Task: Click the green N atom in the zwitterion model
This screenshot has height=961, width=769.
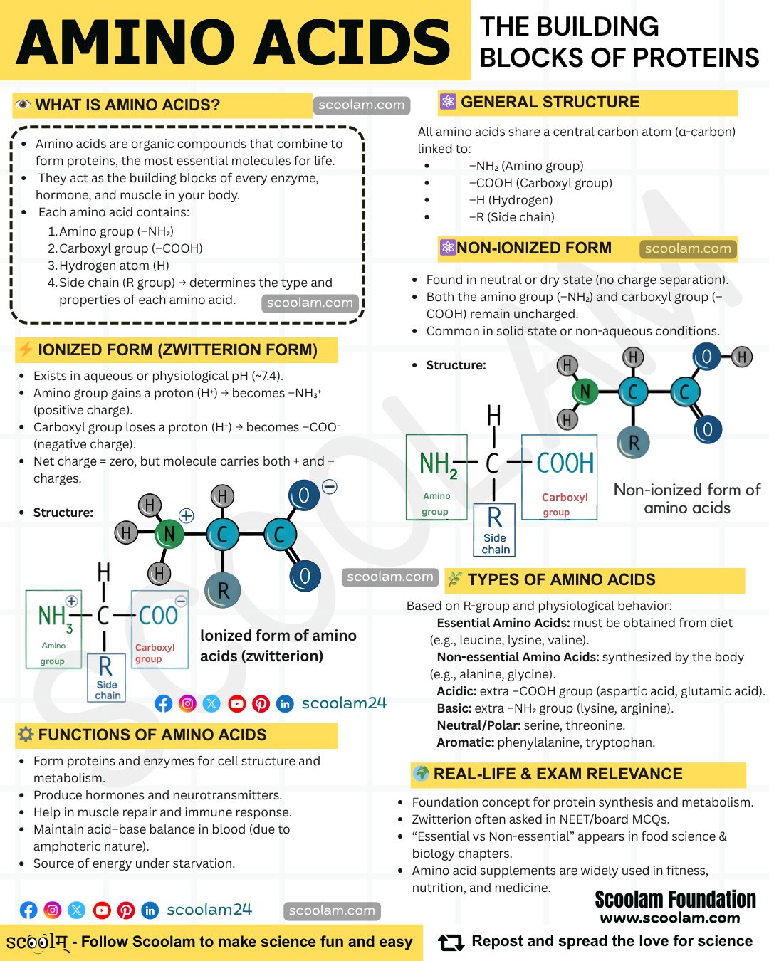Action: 169,533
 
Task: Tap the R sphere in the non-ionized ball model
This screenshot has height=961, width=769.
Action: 633,443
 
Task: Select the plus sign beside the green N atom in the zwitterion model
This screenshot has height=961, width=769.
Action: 187,515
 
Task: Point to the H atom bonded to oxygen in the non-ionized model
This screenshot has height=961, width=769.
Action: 742,357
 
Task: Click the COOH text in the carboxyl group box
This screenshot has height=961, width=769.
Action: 565,463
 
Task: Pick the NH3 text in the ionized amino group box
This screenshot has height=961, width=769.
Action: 56,618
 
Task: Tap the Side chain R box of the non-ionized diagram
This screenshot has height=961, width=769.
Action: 494,530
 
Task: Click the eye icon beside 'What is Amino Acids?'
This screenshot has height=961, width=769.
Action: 23,105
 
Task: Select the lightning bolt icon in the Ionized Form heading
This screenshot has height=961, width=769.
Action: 25,349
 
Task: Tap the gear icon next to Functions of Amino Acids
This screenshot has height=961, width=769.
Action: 26,735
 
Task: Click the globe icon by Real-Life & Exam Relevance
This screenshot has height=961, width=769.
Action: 421,773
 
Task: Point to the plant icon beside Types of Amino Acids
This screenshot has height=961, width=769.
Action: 454,579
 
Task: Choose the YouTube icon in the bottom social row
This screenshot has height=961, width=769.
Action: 102,910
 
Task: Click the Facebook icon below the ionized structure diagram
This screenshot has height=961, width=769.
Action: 164,704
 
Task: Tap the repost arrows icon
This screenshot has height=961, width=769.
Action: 451,942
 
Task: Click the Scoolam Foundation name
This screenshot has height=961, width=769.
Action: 675,899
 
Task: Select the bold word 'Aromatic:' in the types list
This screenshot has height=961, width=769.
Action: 465,742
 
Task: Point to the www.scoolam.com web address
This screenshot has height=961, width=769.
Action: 670,918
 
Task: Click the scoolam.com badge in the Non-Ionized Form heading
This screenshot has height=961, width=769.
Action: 688,248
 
